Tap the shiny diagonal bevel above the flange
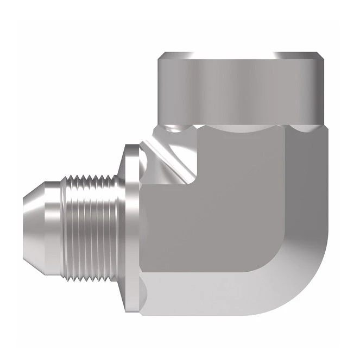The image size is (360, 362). pos(168,155)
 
